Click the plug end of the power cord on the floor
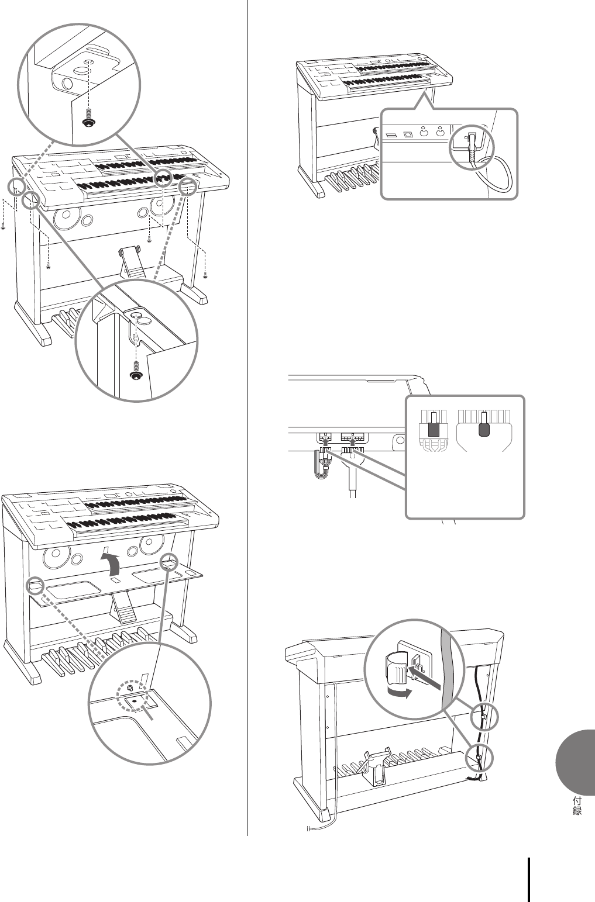coord(311,828)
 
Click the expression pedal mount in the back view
coord(375,766)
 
